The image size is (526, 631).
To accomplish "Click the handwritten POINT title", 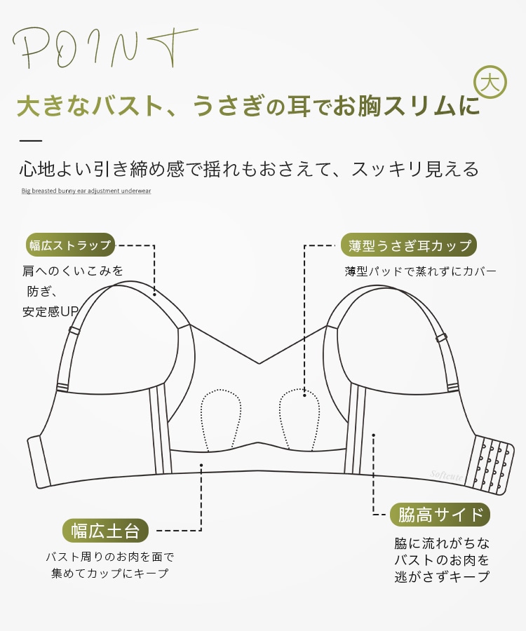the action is [104, 48].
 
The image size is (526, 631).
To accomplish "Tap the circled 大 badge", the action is [490, 82].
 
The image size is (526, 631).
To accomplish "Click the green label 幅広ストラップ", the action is [70, 245].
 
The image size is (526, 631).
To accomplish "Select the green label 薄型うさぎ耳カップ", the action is [409, 245].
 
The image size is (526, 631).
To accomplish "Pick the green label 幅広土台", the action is [105, 531].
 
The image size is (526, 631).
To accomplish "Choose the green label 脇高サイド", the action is [440, 515].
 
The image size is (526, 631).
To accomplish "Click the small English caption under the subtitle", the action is [86, 191].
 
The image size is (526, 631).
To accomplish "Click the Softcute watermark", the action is [446, 475].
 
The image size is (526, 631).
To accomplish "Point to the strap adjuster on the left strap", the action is [74, 330].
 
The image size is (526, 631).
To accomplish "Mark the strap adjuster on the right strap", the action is [443, 338].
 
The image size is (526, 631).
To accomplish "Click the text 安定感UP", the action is [50, 311].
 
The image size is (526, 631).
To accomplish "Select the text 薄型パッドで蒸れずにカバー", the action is [421, 271].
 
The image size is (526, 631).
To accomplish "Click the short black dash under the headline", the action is [31, 141].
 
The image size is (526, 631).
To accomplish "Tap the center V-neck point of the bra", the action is [259, 363].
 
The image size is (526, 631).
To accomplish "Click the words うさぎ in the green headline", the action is [229, 106].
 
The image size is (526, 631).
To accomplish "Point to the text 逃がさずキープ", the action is [442, 576].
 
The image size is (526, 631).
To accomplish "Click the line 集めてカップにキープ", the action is [110, 573].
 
